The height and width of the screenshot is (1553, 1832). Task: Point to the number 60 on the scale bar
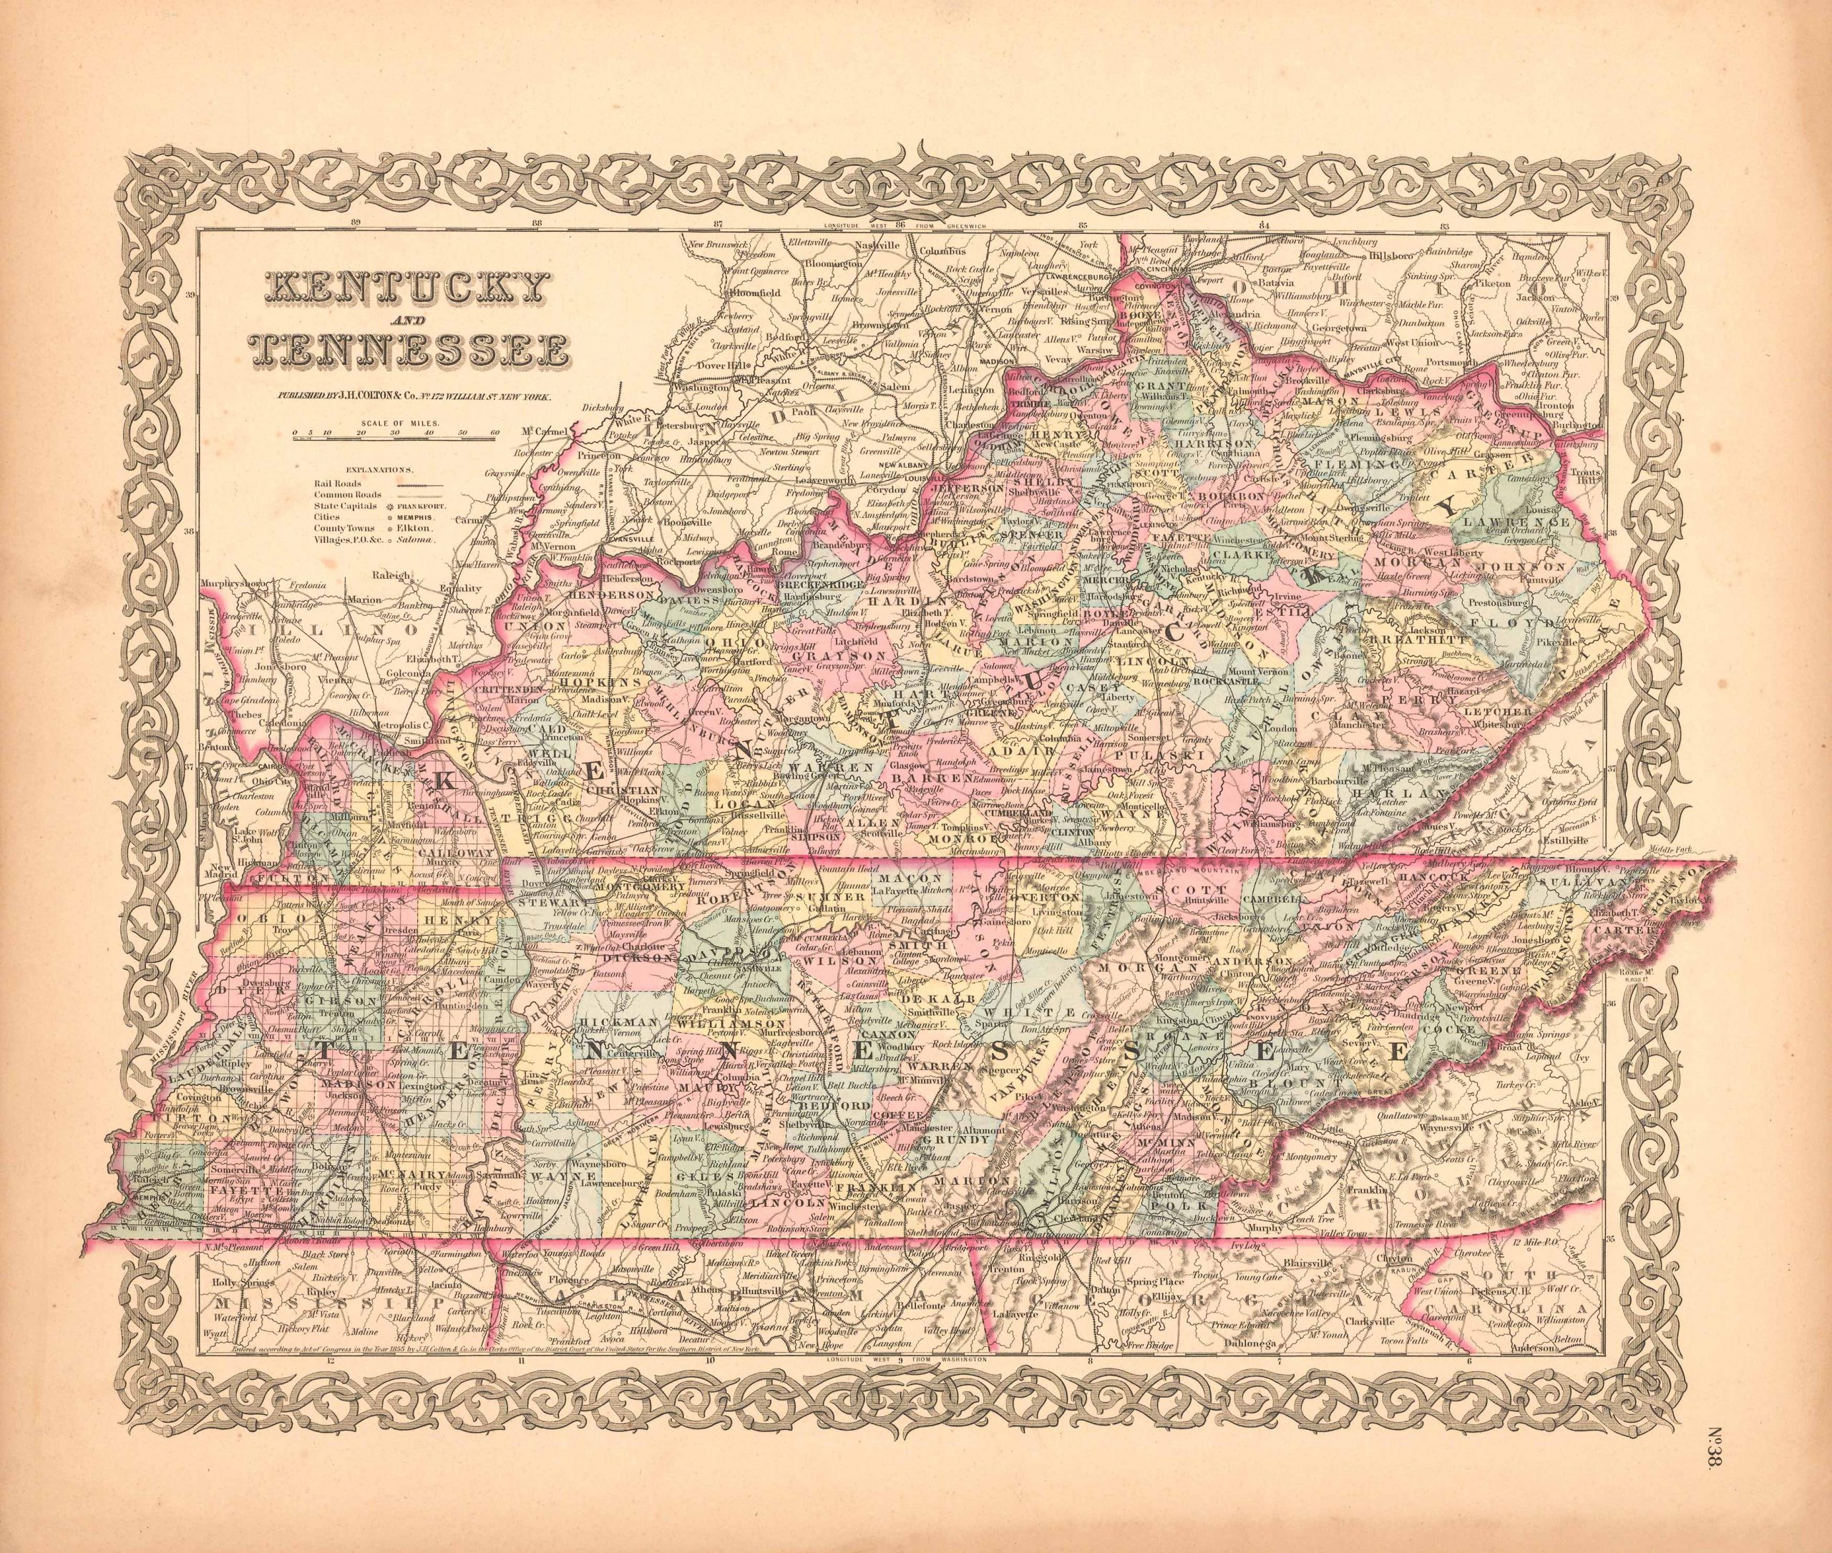[x=495, y=433]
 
